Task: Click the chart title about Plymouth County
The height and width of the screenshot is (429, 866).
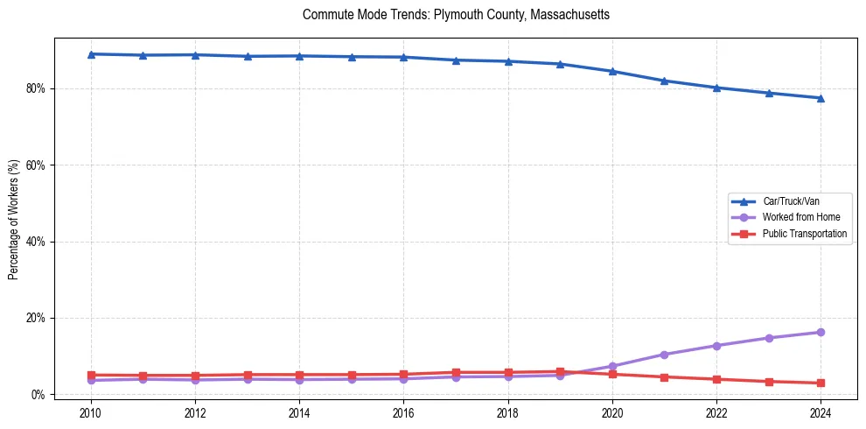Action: click(x=456, y=15)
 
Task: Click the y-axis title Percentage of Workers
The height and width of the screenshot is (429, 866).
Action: click(x=13, y=219)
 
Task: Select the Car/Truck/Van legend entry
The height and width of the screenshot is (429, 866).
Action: click(x=791, y=201)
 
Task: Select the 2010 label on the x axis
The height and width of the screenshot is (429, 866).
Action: click(x=91, y=412)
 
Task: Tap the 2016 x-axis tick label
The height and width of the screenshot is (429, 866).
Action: click(x=403, y=412)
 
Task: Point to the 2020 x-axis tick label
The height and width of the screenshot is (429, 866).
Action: click(x=612, y=412)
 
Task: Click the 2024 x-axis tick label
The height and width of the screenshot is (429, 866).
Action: click(x=821, y=412)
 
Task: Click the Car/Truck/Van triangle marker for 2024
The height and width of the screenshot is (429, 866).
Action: click(x=821, y=98)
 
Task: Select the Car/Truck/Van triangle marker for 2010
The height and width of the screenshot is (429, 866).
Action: click(x=91, y=54)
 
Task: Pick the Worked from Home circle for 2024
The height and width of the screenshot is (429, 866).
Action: click(x=821, y=332)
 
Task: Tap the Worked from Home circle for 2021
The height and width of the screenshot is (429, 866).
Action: click(x=664, y=355)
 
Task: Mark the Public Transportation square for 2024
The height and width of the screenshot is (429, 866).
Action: click(x=821, y=383)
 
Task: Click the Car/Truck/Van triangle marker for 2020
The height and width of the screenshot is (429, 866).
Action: click(x=612, y=71)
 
